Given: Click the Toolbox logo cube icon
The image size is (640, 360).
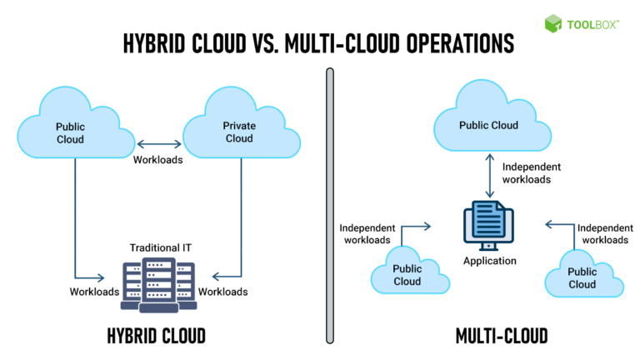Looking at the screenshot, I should tap(554, 23).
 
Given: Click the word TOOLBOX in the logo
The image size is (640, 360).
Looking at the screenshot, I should tap(592, 24).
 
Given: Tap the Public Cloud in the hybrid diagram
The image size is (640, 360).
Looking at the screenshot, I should tap(71, 132).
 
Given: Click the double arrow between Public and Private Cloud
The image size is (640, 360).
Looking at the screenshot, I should tap(157, 142).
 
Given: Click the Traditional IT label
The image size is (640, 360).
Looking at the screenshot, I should tap(158, 248).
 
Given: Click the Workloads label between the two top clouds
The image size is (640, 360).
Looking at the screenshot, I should tap(157, 159).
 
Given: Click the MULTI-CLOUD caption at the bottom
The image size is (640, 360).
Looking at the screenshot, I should tap(502, 336).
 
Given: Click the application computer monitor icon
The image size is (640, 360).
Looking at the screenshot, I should tap(488, 226).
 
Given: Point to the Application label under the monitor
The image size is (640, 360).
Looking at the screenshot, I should tap(489, 261).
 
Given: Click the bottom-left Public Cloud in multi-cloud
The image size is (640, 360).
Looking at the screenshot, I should tap(407, 274).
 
